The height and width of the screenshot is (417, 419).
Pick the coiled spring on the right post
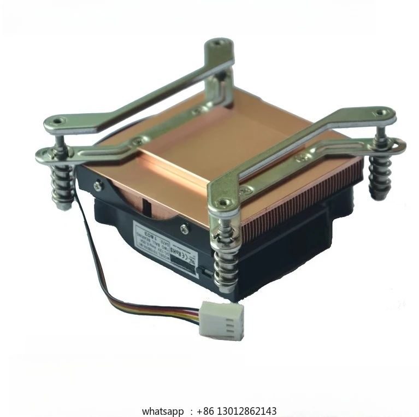tap(380, 175)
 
